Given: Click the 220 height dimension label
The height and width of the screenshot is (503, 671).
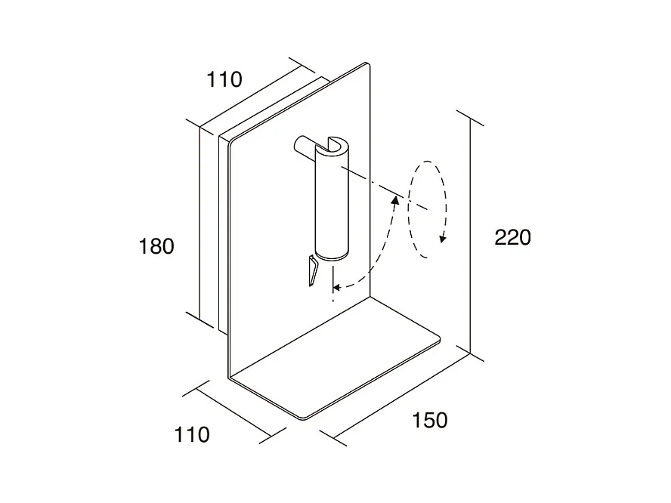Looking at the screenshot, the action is [x=513, y=237].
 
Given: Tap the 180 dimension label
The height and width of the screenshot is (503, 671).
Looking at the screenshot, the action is [x=157, y=246].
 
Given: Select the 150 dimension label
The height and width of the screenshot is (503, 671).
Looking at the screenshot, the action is [x=430, y=420].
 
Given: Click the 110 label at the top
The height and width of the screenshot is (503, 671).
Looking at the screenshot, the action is [x=224, y=79].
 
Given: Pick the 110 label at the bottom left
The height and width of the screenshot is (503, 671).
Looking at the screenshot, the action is [x=192, y=434].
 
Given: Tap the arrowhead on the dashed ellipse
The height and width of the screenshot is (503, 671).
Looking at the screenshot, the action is [x=444, y=239].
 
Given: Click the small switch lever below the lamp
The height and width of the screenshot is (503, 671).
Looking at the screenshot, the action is [x=311, y=272].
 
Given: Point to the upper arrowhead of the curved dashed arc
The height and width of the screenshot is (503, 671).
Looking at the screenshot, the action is [x=395, y=198].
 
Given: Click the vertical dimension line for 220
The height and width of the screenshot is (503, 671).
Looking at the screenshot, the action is [x=471, y=237].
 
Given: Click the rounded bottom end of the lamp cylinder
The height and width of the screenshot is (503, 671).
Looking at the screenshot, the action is [x=331, y=255].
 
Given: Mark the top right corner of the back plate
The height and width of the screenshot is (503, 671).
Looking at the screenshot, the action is [x=366, y=64].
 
